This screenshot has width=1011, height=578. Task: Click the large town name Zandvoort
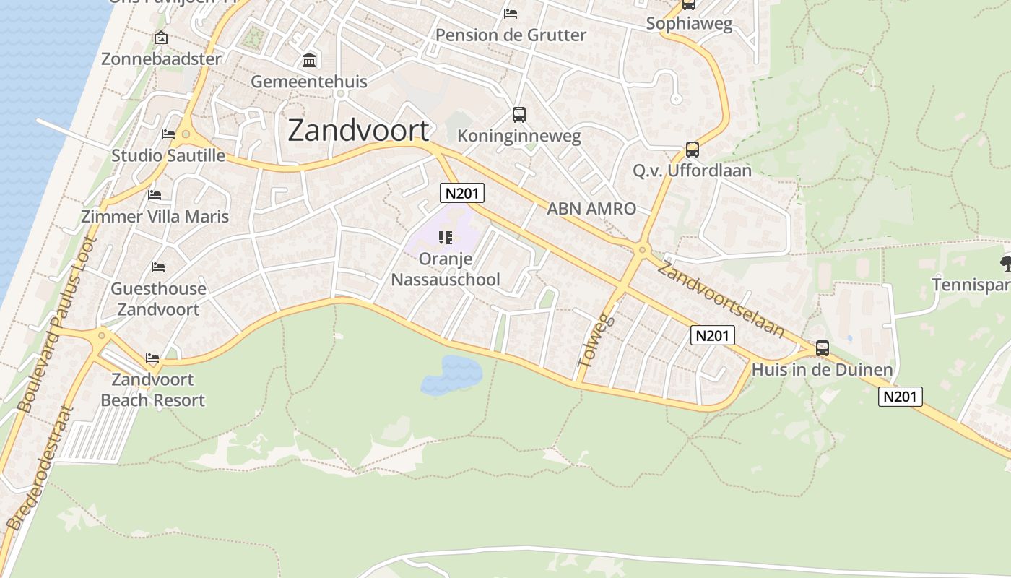tap(358, 131)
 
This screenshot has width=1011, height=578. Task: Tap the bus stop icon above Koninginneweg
tap(518, 114)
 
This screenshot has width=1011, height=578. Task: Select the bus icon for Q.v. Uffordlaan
tap(692, 150)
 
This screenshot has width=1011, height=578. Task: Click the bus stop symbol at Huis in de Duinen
tap(822, 348)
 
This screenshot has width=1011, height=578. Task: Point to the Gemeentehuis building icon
tap(309, 59)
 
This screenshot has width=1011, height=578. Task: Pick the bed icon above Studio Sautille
tap(168, 134)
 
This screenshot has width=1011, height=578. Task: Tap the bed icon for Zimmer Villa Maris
tap(155, 195)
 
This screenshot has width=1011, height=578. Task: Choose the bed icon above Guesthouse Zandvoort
tap(158, 267)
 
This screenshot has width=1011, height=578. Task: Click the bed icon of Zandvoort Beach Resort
tap(152, 358)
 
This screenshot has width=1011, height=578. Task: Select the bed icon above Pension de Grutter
tap(511, 14)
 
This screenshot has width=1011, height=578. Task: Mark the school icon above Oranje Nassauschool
tap(445, 238)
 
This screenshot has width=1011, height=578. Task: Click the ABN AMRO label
tap(591, 209)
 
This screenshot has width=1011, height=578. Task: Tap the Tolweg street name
tap(596, 342)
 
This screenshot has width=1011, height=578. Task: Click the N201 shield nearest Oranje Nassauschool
tap(462, 193)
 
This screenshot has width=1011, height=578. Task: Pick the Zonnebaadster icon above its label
tap(160, 38)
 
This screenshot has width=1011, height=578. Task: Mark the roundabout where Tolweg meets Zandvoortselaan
tap(642, 251)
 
